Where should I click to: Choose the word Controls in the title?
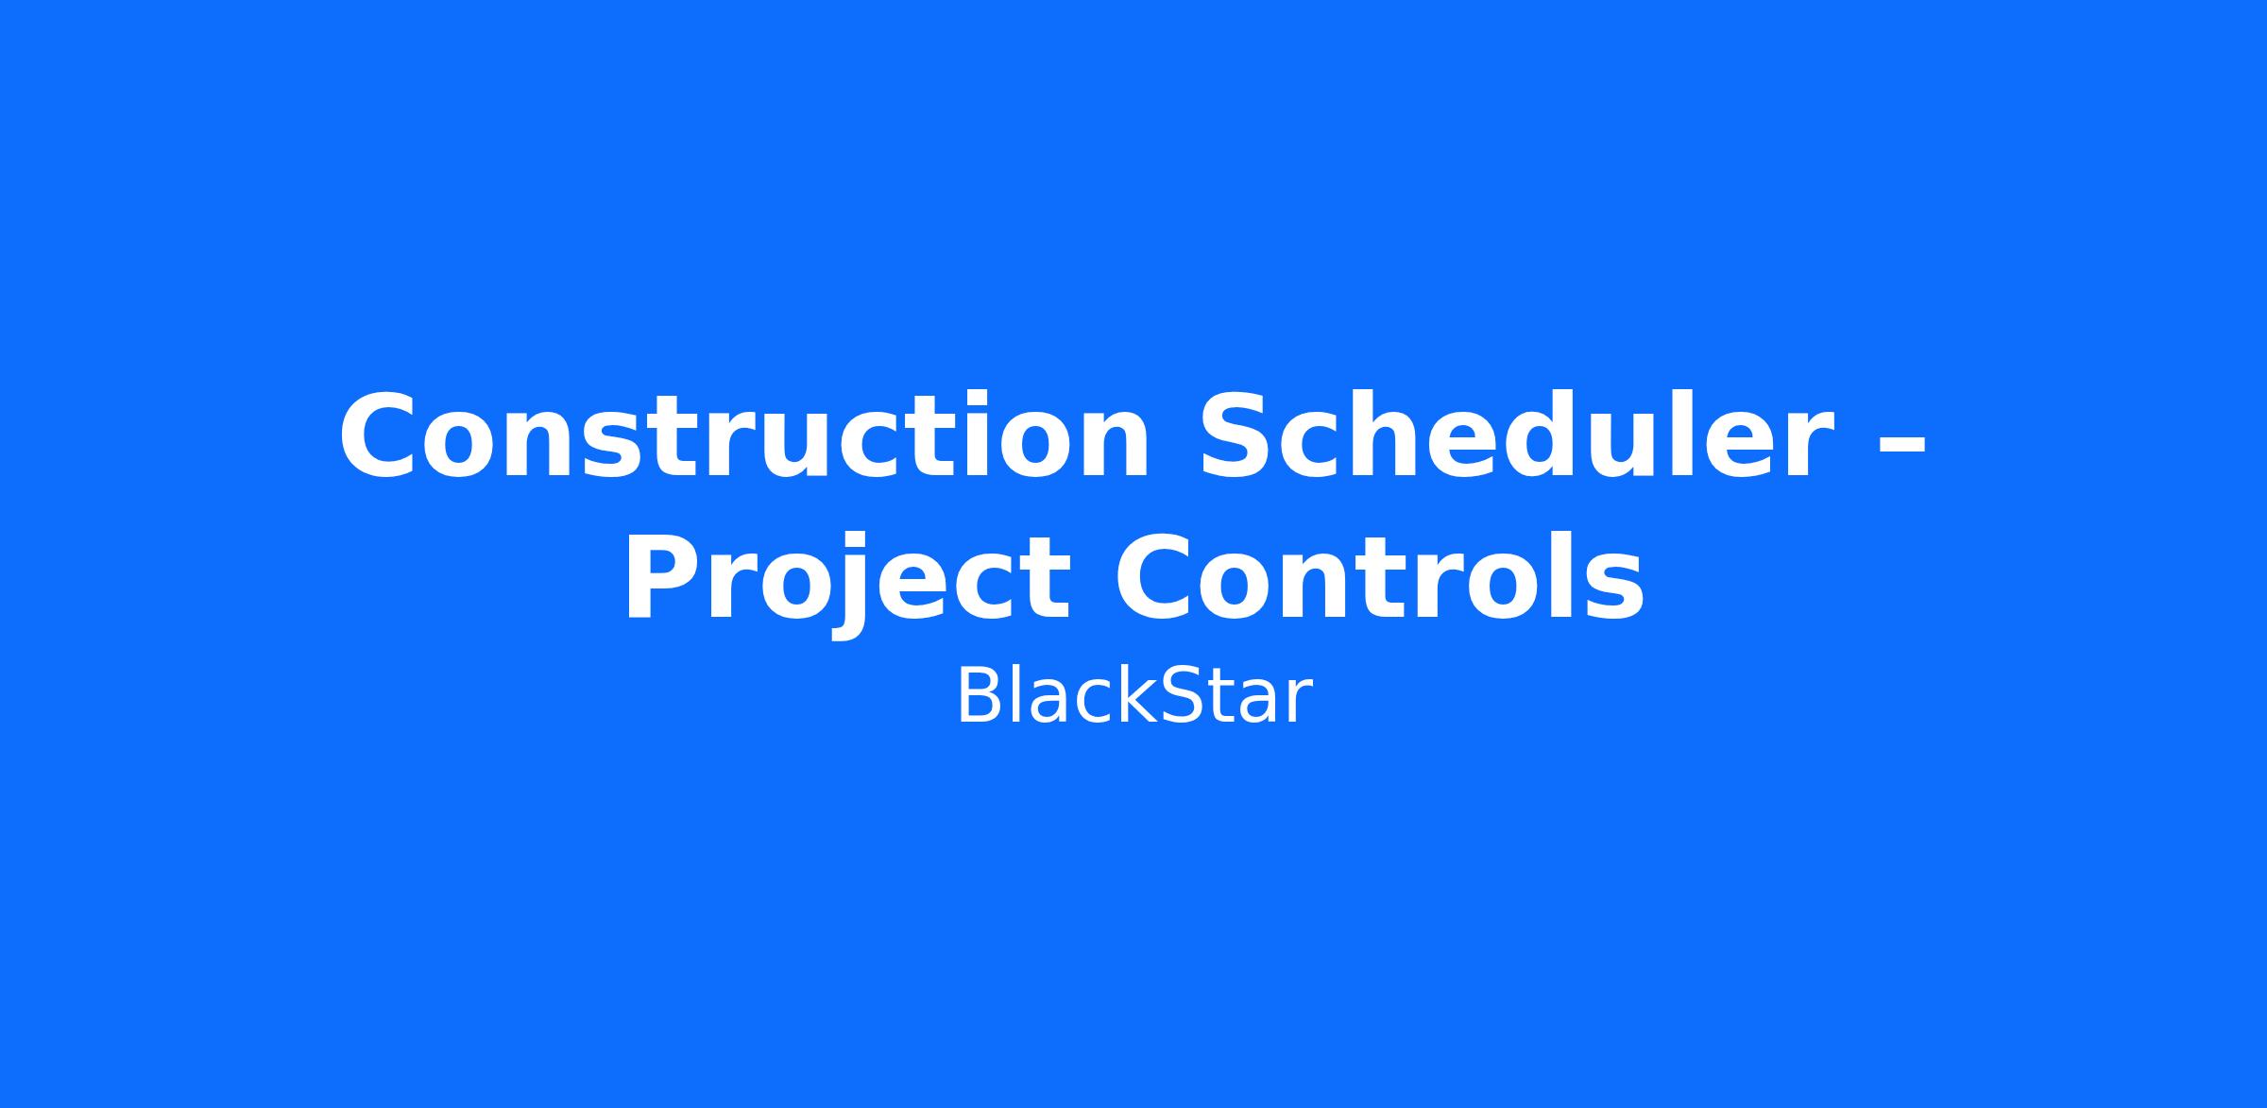click(x=1380, y=573)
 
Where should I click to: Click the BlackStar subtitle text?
click(x=1133, y=696)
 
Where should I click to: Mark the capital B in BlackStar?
click(x=979, y=696)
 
